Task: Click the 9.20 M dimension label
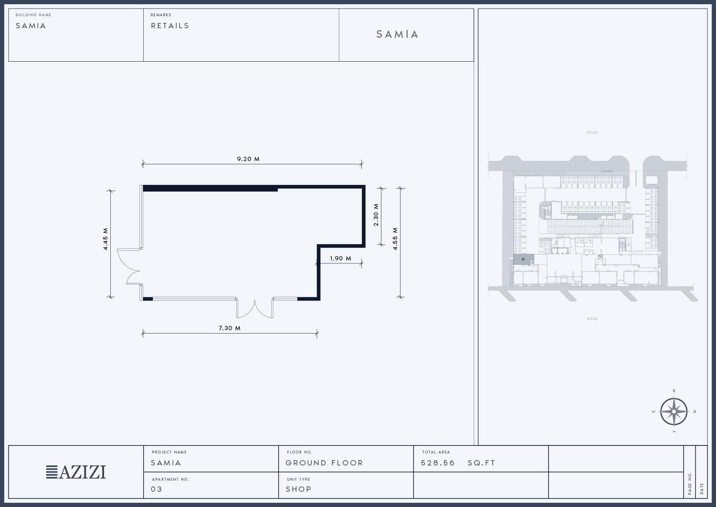pyautogui.click(x=248, y=159)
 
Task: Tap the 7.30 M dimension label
pyautogui.click(x=230, y=328)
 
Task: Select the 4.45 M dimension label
pyautogui.click(x=105, y=239)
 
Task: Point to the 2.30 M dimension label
pyautogui.click(x=376, y=215)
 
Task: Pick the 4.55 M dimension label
pyautogui.click(x=395, y=239)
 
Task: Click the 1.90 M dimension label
pyautogui.click(x=340, y=259)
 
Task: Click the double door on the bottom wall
pyautogui.click(x=255, y=308)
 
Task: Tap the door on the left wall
pyautogui.click(x=129, y=266)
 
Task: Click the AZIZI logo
pyautogui.click(x=76, y=472)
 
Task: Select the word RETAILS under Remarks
pyautogui.click(x=170, y=26)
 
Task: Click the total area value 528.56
pyautogui.click(x=438, y=463)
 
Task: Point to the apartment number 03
pyautogui.click(x=156, y=489)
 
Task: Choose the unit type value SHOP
pyautogui.click(x=298, y=489)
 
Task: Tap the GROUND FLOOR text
pyautogui.click(x=324, y=463)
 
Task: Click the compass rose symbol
pyautogui.click(x=674, y=411)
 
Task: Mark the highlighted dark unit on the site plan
pyautogui.click(x=523, y=259)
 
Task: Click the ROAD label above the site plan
pyautogui.click(x=592, y=132)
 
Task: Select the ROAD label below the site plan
pyautogui.click(x=592, y=319)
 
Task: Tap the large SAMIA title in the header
pyautogui.click(x=397, y=34)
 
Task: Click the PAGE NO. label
pyautogui.click(x=690, y=483)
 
